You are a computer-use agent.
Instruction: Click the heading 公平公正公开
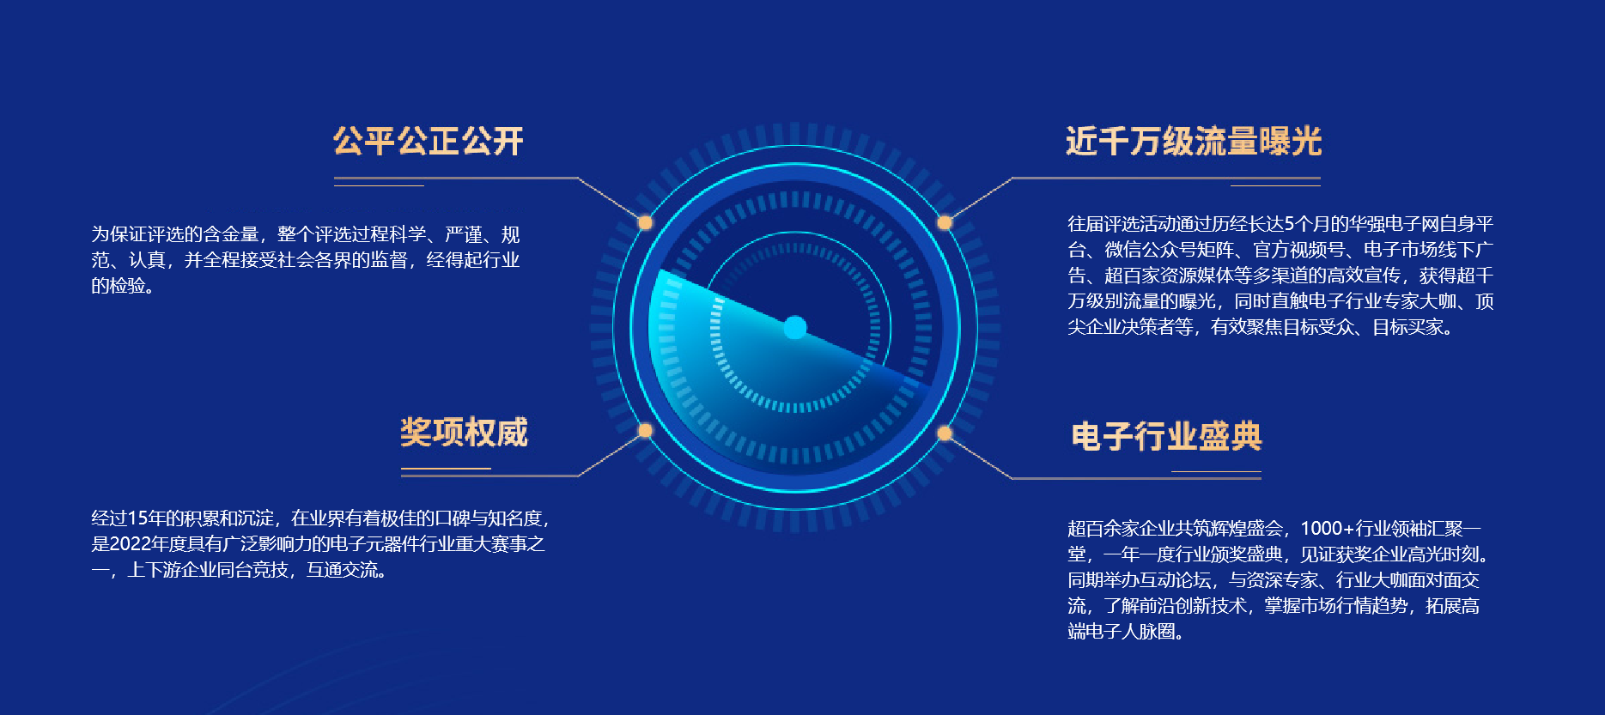click(x=429, y=142)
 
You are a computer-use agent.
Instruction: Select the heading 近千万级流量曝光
click(x=1194, y=142)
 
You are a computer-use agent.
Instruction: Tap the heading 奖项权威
click(x=464, y=432)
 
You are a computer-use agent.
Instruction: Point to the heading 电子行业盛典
click(x=1166, y=436)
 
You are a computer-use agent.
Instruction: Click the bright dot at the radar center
click(x=795, y=327)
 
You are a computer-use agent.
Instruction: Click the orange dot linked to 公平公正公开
click(x=645, y=223)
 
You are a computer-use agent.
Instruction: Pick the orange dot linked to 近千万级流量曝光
click(x=945, y=223)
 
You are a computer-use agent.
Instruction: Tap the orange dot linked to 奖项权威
click(x=645, y=430)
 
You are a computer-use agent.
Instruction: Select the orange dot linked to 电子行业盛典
click(x=945, y=433)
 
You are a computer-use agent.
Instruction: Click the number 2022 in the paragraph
click(x=131, y=544)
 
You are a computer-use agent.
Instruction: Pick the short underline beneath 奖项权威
click(x=446, y=469)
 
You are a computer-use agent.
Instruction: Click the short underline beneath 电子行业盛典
click(x=1216, y=472)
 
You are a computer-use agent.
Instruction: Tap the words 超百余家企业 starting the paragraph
click(x=1122, y=529)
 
